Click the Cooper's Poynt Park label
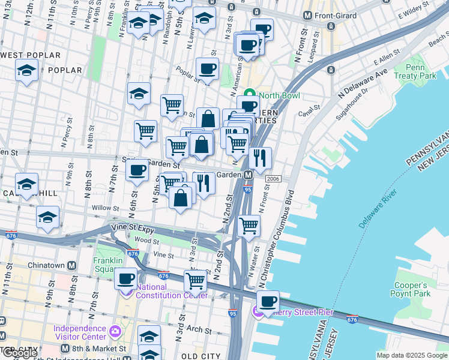point(409,289)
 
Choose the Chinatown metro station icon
point(71,265)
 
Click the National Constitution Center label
point(171,291)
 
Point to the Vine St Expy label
point(133,227)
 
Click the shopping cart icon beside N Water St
point(249,226)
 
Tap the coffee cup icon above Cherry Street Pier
point(268,301)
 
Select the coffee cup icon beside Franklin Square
point(126,278)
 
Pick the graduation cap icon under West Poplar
point(26,71)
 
